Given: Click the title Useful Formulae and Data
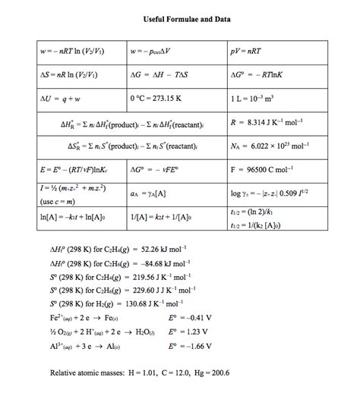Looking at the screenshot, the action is click(x=179, y=17).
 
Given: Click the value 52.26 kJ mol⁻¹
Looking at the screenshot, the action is click(x=161, y=249).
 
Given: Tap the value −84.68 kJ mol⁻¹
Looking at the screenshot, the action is click(x=161, y=262).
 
